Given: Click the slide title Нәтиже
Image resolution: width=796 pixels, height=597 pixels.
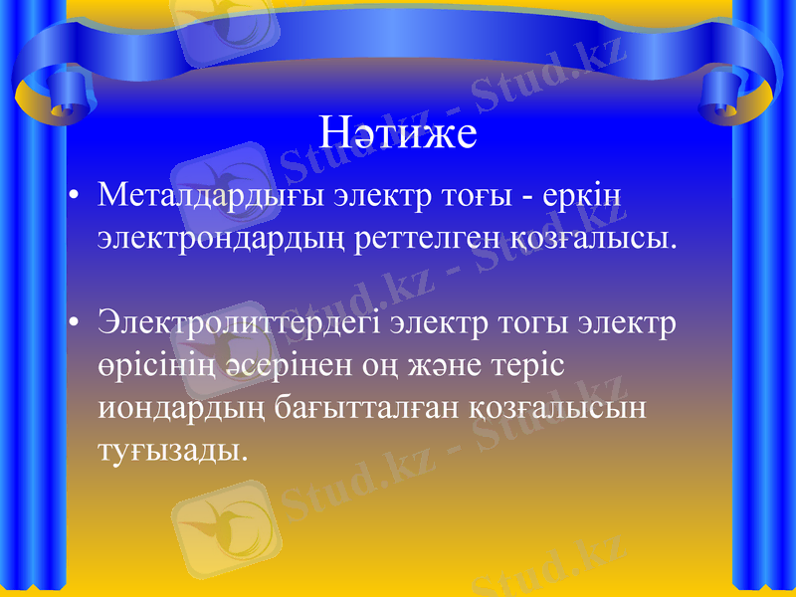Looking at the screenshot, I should [398, 133].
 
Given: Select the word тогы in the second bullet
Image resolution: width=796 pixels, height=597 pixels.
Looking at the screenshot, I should [537, 323].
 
